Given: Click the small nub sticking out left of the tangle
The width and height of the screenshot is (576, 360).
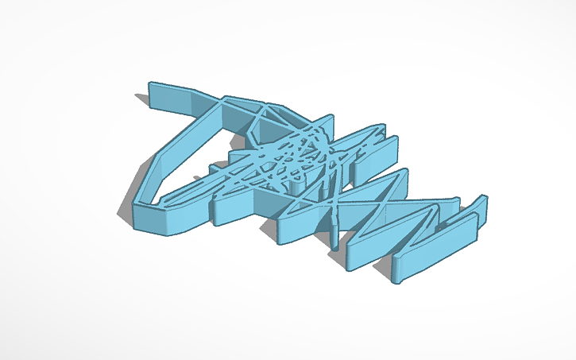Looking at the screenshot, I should (215, 169).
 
